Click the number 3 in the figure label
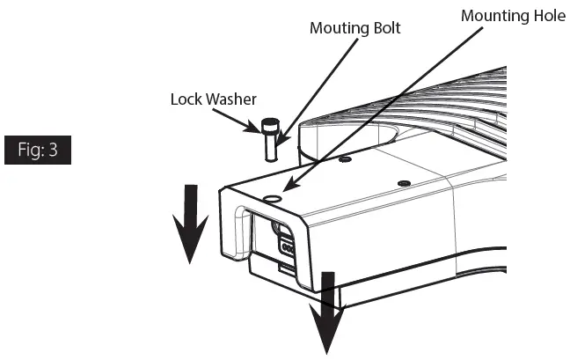click(54, 150)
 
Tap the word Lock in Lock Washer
click(186, 99)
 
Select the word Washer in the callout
click(231, 99)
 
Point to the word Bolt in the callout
click(385, 28)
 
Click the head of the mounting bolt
click(269, 126)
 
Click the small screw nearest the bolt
click(347, 161)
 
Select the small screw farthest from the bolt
click(403, 183)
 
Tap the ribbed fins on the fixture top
click(440, 106)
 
